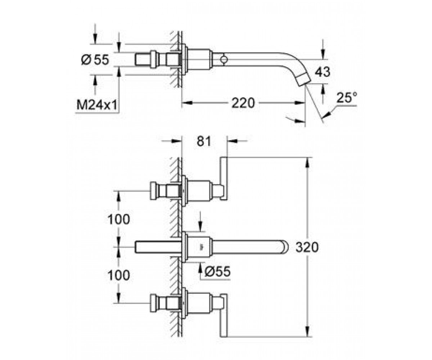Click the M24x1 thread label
[97, 105]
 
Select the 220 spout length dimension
[243, 103]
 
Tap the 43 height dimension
[322, 72]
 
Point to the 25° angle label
[347, 98]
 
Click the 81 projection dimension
[204, 141]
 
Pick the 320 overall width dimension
[307, 247]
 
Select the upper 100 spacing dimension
[119, 219]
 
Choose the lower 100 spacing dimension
[119, 275]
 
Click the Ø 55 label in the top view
[95, 60]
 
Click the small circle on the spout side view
[224, 60]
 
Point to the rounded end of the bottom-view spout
[284, 247]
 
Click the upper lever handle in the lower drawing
[224, 179]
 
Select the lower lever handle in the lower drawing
[224, 315]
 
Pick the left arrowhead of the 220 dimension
[188, 103]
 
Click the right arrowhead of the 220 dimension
[300, 103]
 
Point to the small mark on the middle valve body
[200, 246]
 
